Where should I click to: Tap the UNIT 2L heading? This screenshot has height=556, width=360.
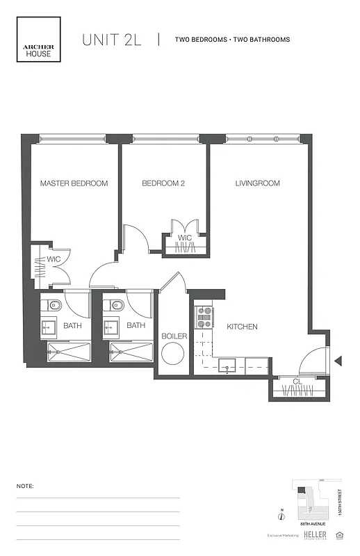click(x=111, y=40)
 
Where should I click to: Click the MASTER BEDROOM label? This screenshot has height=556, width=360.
click(x=74, y=183)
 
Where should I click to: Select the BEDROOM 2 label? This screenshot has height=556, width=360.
click(x=163, y=183)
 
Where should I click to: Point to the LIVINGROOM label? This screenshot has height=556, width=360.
click(x=257, y=183)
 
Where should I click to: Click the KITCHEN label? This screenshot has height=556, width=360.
click(x=242, y=327)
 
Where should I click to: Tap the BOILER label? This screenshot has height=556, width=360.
click(x=174, y=336)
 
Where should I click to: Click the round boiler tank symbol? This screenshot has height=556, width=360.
click(x=172, y=356)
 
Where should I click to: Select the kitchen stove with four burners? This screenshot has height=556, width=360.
click(x=205, y=317)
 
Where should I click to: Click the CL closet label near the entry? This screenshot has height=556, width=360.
click(x=297, y=382)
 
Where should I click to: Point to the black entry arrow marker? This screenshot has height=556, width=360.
click(x=338, y=361)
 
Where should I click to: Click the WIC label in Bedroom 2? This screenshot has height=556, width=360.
click(x=184, y=238)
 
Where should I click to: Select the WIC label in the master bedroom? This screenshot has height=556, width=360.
click(x=54, y=260)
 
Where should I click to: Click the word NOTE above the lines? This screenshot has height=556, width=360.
click(x=25, y=486)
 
